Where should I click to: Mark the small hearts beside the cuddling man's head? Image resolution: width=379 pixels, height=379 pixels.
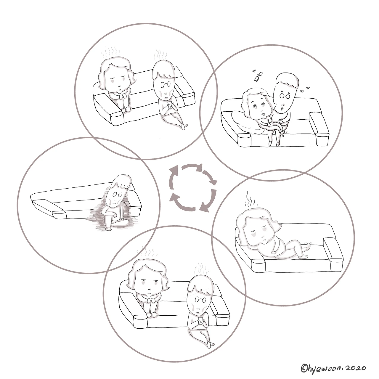(304, 89)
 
